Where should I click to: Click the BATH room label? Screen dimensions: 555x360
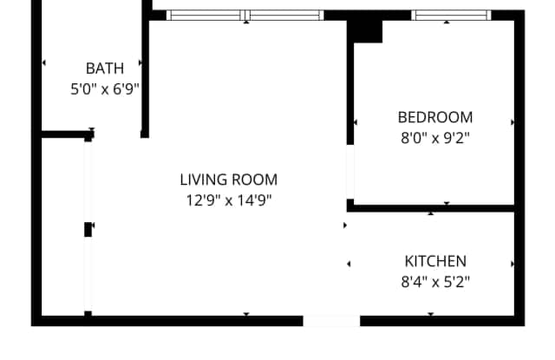coord(105,69)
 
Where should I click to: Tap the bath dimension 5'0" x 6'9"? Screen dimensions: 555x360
coord(105,88)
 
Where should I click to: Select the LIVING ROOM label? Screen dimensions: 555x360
coord(229,180)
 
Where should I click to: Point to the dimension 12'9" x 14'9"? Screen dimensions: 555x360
coord(229,200)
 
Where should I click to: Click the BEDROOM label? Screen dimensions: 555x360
coord(435,117)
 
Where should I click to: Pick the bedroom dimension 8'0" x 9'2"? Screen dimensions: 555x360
coord(435,138)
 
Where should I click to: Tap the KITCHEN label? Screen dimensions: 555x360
coord(435,261)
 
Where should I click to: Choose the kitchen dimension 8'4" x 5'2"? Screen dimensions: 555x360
coord(435,282)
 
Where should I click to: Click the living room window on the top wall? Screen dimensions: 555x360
coord(245,16)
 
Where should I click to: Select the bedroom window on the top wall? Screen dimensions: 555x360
coord(451,16)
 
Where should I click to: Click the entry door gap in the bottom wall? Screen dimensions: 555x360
coord(331,321)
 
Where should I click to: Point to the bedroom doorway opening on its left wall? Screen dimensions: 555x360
coord(350,172)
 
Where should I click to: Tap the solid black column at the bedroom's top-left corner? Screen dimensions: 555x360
coord(364,31)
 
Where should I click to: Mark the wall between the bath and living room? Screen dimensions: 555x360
coord(145,69)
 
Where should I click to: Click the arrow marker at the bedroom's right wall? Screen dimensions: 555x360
coord(513,122)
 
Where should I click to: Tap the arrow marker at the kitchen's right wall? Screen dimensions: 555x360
coord(513,264)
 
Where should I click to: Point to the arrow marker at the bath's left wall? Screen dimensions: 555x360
coord(43,62)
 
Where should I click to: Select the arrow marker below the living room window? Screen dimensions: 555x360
coord(246,23)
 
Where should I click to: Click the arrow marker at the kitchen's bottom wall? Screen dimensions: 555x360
coord(431,314)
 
